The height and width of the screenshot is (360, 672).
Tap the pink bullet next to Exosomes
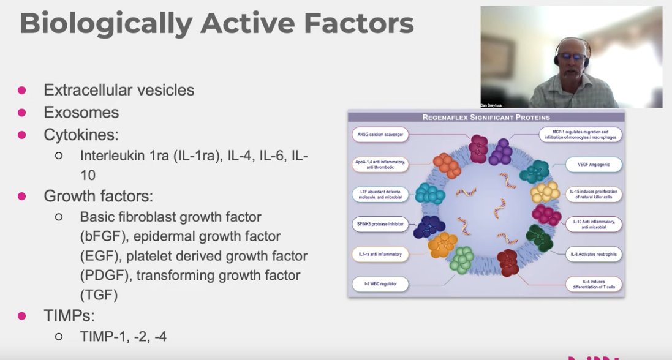22,112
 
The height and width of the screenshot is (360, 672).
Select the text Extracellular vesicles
119,90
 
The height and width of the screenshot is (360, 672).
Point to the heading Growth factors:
98,196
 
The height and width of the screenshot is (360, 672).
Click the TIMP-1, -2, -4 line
123,336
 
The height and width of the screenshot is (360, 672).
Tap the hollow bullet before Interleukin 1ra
59,156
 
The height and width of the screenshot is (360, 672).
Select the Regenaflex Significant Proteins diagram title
486,117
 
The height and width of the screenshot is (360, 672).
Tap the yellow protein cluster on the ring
545,192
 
